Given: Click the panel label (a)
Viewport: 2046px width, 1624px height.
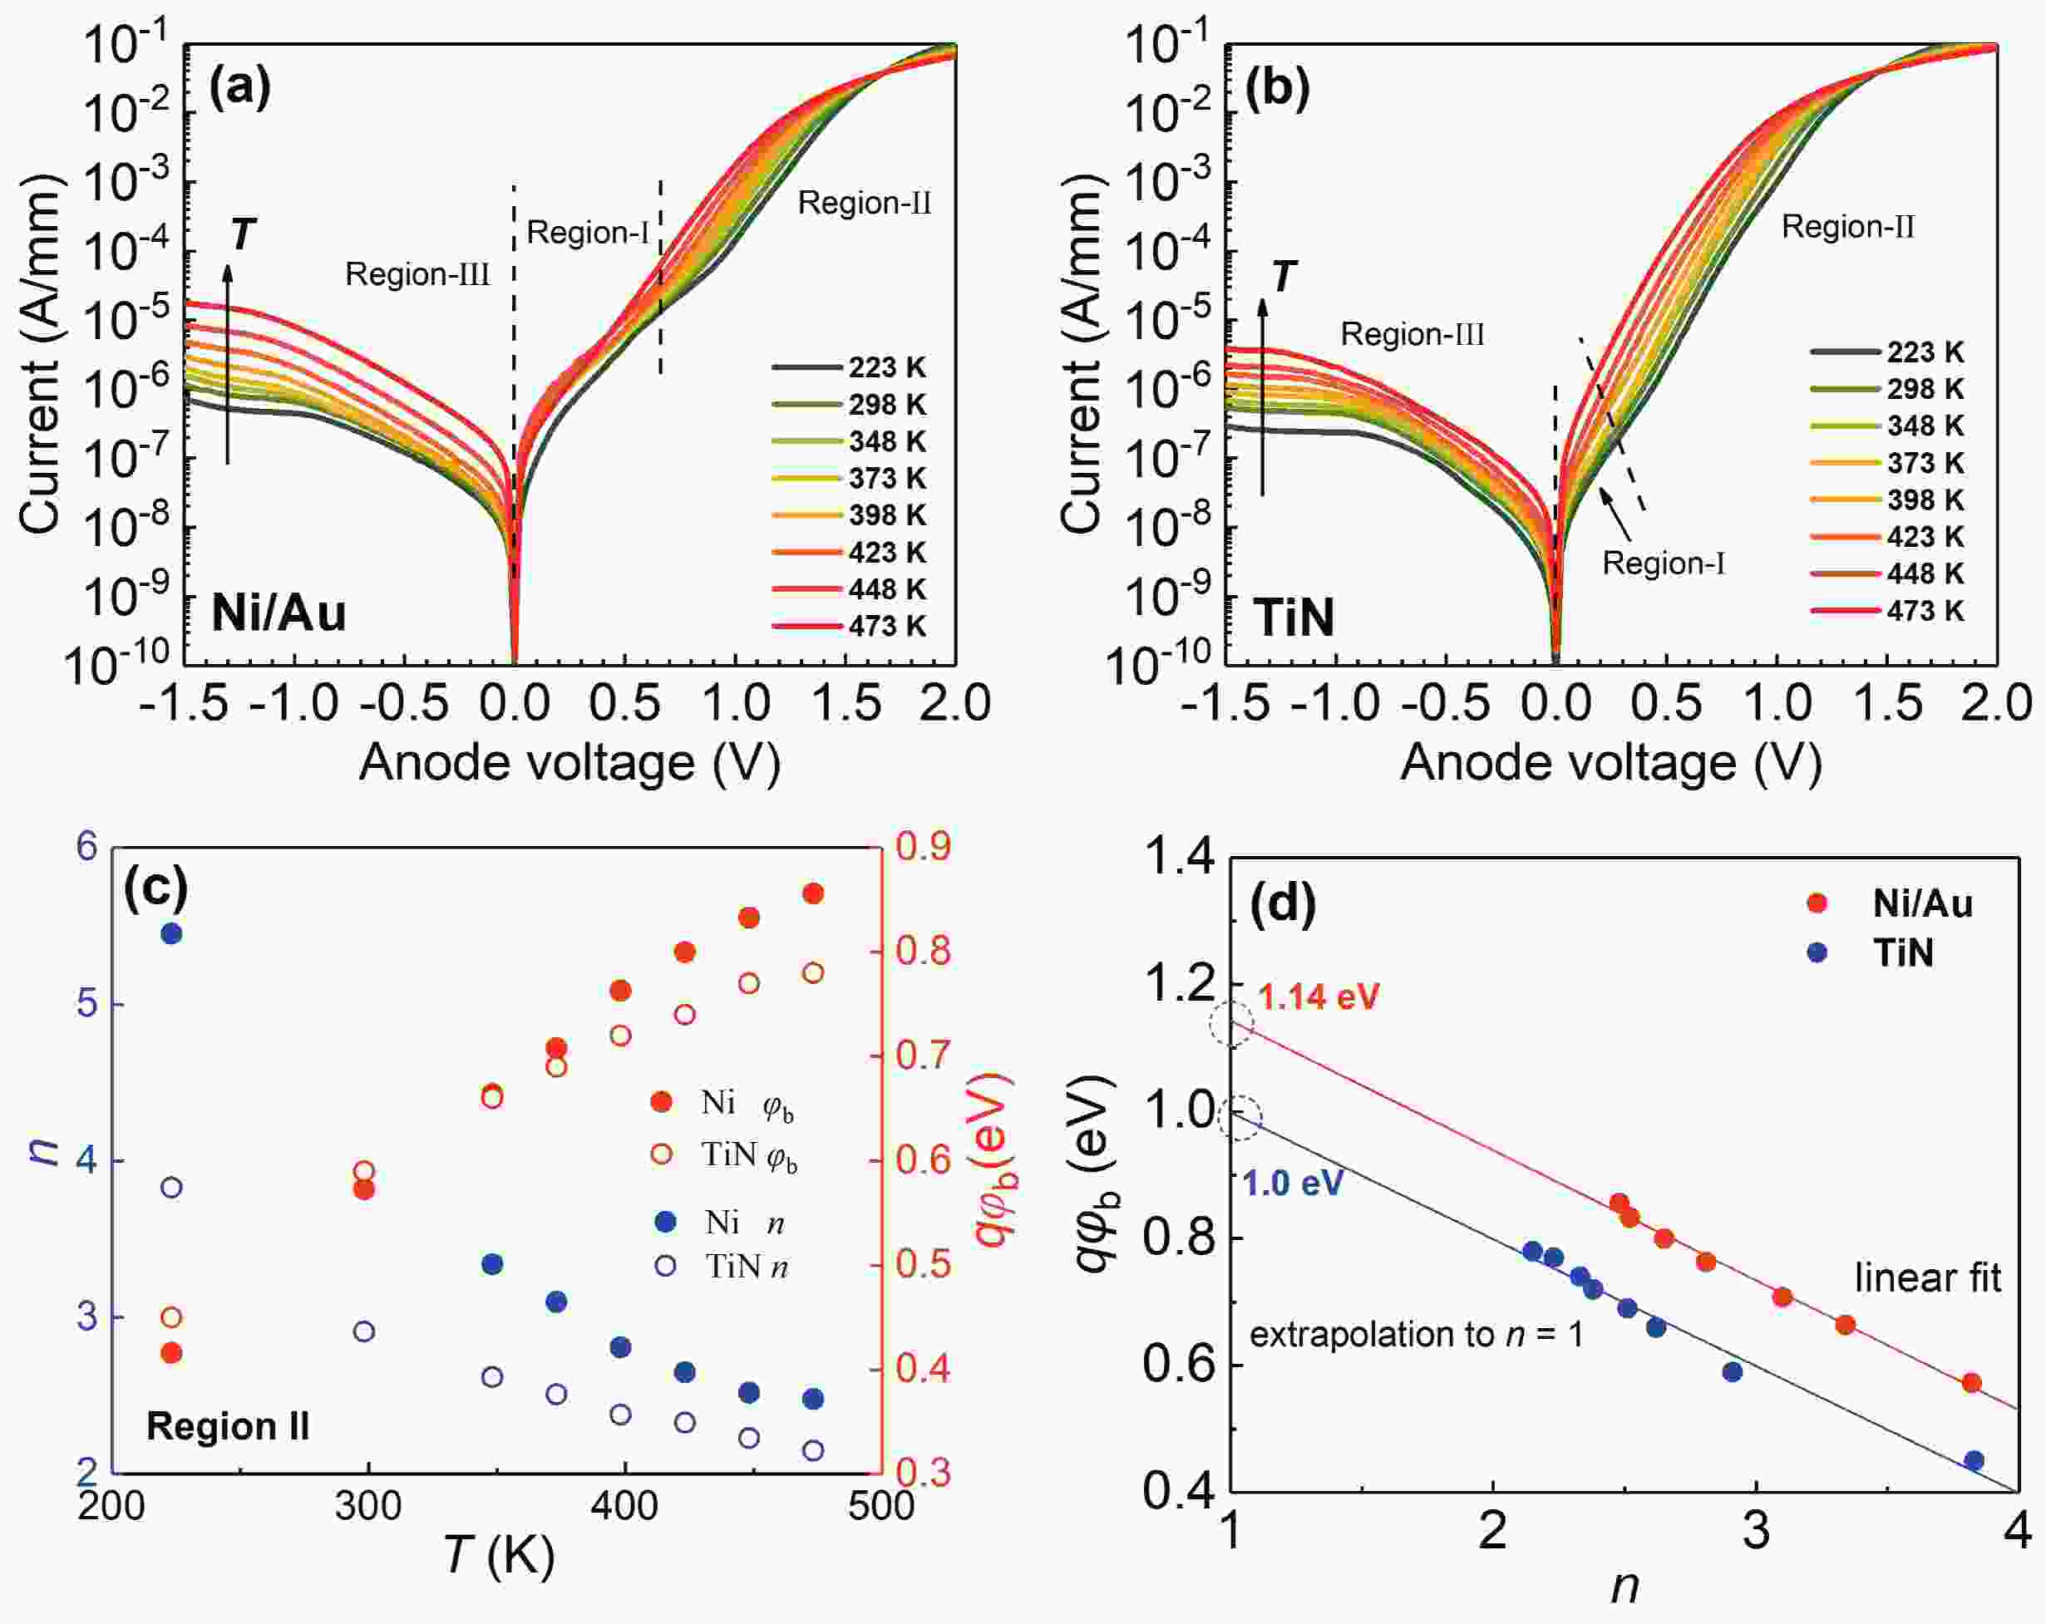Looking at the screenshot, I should (240, 88).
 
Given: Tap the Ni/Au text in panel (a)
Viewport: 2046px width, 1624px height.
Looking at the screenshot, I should (278, 613).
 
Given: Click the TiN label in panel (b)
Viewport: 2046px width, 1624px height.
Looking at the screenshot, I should (1294, 618).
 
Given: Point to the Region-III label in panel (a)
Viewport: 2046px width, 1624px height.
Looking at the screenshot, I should (417, 275).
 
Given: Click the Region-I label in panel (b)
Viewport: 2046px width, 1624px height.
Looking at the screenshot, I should (1663, 563).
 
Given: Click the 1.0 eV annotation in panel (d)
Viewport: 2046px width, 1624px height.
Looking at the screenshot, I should (1293, 1183).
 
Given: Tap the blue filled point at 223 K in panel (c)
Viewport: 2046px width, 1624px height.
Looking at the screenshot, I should (172, 934).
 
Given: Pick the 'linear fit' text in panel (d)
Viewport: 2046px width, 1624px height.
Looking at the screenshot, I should (1927, 1279).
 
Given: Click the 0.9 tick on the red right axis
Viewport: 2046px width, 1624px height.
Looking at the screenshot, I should (923, 846).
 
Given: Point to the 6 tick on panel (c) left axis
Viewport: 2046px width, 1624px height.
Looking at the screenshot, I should (87, 846).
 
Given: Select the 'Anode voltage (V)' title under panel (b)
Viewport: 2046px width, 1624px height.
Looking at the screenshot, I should (1610, 762).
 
